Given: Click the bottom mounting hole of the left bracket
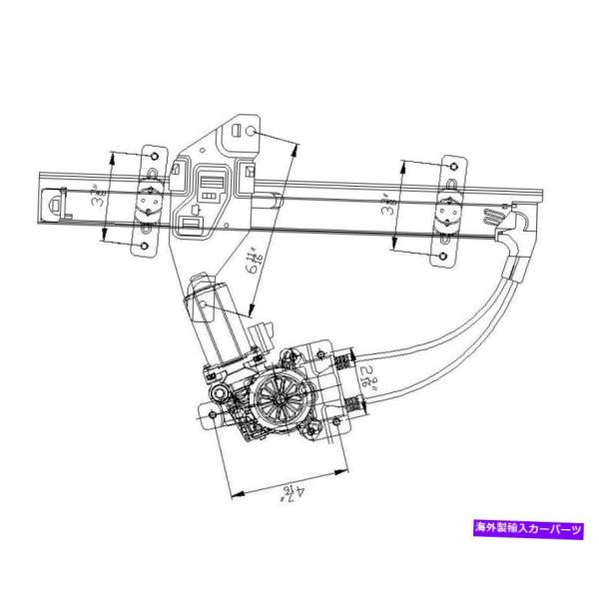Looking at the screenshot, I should tap(145, 246).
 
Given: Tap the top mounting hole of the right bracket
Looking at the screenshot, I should tap(451, 165).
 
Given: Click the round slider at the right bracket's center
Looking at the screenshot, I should tap(445, 213).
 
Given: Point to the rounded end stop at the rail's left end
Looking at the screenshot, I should tap(57, 204).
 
